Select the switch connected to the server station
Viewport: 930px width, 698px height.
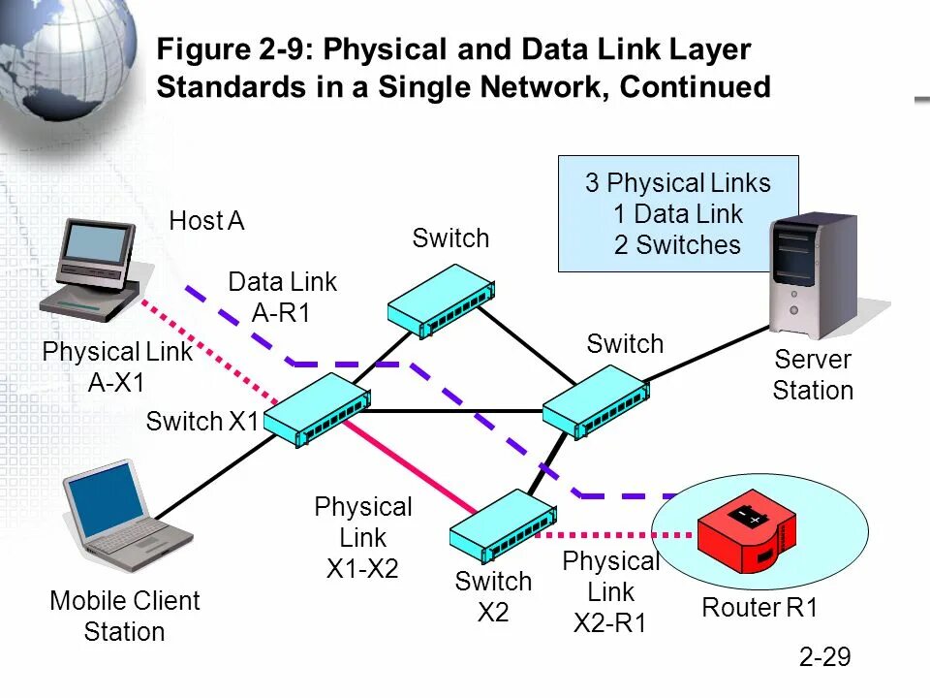click(595, 401)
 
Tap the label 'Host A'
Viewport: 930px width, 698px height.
click(206, 222)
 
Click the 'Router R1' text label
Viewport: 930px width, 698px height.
click(760, 609)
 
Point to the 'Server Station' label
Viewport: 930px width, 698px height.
click(813, 375)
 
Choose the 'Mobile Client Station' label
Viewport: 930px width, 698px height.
click(124, 616)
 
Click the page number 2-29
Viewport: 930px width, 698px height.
click(824, 657)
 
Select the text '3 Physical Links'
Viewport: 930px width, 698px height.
click(677, 183)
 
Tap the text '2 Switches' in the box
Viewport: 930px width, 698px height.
click(677, 245)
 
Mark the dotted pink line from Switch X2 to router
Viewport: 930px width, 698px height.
click(620, 534)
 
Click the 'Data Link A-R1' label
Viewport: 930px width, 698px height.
click(282, 297)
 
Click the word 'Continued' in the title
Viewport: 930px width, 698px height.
click(694, 87)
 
